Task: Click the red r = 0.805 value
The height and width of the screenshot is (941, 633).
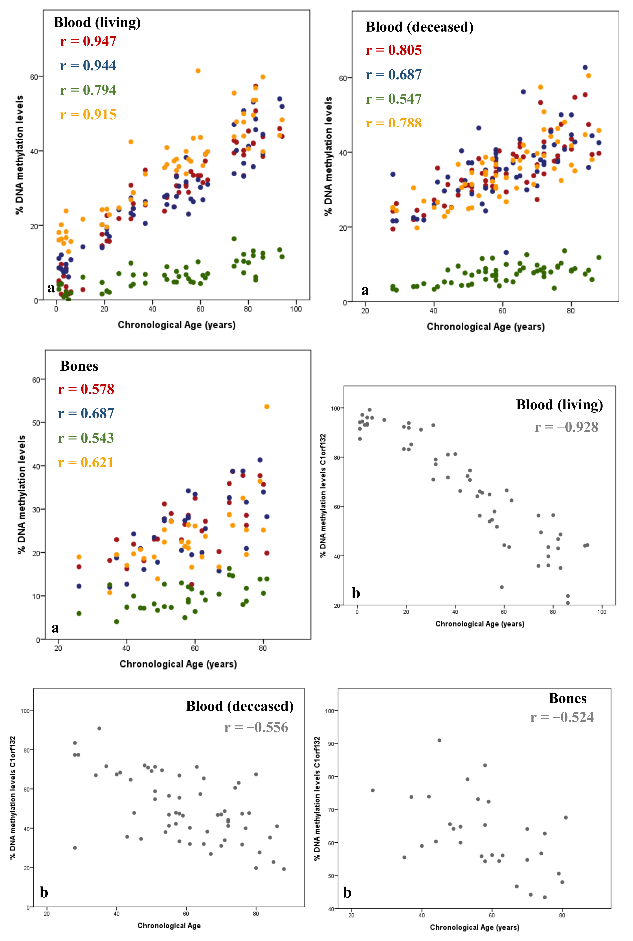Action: click(x=394, y=50)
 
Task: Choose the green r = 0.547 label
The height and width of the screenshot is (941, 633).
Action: click(x=394, y=99)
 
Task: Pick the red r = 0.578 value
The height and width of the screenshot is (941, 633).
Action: click(x=86, y=389)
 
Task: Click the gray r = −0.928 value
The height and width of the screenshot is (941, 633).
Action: click(x=566, y=427)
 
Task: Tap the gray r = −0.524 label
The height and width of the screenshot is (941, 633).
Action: click(x=562, y=717)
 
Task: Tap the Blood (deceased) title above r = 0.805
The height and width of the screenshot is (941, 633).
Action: click(x=419, y=27)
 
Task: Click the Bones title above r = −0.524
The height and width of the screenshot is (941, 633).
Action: click(x=568, y=698)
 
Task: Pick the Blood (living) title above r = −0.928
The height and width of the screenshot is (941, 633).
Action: click(x=560, y=405)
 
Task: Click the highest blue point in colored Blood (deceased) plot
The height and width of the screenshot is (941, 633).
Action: click(x=585, y=67)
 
